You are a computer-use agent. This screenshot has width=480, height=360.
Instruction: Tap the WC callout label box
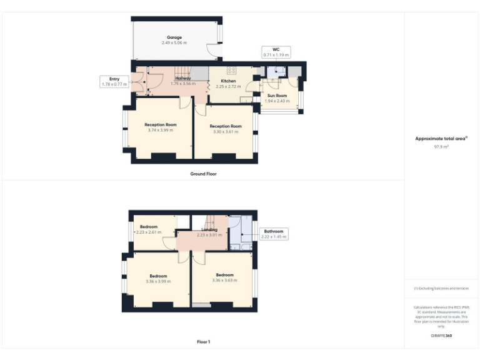[x=275, y=52]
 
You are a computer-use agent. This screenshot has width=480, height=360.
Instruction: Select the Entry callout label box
[x=113, y=81]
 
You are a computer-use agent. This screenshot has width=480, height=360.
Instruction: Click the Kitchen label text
[x=228, y=81]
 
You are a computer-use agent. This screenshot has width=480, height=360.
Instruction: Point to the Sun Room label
[x=277, y=96]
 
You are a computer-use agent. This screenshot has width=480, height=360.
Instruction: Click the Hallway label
[x=183, y=78]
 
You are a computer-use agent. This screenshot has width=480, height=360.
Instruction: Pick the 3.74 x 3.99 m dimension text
[x=160, y=130]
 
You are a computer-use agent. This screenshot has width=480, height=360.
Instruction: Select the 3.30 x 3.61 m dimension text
[x=224, y=132]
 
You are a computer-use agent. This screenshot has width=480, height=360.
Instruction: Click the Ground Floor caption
[x=203, y=173]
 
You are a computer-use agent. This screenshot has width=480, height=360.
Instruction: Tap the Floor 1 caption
[x=203, y=342]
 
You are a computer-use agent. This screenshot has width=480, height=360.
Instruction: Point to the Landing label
[x=209, y=230]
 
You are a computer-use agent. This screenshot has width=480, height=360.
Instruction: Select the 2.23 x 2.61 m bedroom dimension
[x=149, y=232]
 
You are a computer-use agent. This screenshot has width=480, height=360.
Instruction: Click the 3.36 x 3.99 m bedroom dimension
[x=157, y=281]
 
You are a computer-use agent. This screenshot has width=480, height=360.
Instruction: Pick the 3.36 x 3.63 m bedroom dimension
[x=224, y=281]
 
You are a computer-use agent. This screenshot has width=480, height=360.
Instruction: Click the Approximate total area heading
[x=441, y=138]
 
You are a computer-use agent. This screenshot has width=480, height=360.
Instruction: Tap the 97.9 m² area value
[x=441, y=146]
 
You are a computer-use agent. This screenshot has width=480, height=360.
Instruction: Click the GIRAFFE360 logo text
[x=441, y=336]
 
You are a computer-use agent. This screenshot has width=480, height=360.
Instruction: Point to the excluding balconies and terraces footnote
[x=441, y=288]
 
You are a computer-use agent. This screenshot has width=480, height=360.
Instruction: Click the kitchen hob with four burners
[x=231, y=70]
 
